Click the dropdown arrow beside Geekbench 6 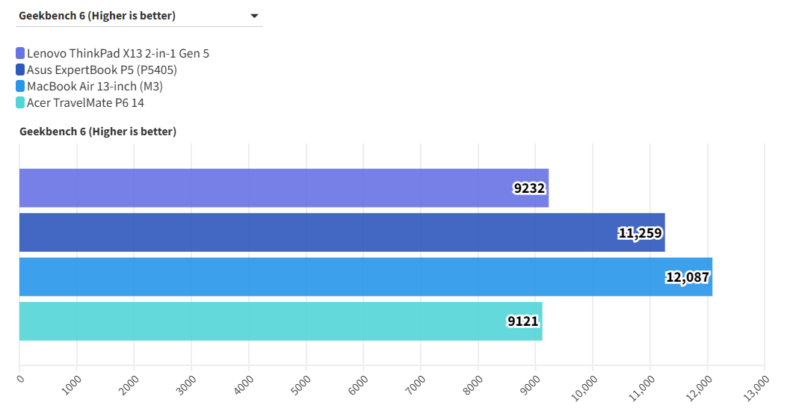254,16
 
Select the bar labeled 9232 284,188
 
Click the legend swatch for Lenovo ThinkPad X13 20,54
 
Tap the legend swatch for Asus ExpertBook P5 20,70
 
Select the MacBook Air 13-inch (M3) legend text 95,87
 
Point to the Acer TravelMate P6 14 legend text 85,103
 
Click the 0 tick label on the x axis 20,379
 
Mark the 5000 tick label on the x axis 301,384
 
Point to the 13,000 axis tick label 757,386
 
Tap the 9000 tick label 531,384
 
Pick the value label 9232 530,189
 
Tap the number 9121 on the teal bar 524,322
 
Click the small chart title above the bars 98,132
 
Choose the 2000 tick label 129,384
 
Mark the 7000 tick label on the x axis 416,384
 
